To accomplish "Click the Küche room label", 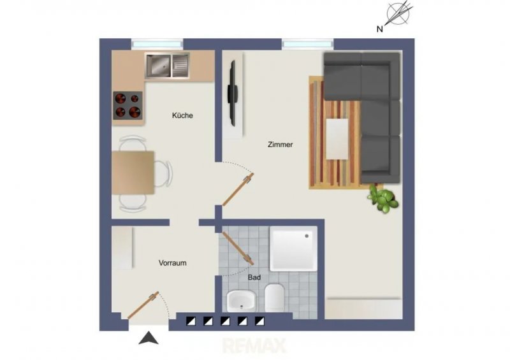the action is (x=182, y=115).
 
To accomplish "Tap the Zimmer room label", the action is (x=280, y=145).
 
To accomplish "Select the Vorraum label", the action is (x=172, y=263).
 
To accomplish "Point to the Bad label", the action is (x=254, y=277).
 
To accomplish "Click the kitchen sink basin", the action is (x=158, y=66).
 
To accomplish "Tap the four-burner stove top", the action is (x=128, y=105).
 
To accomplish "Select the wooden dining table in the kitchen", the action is (x=133, y=173).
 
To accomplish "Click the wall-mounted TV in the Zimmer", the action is (x=233, y=93).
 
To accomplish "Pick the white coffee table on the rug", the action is (x=337, y=139).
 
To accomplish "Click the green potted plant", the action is (x=383, y=198).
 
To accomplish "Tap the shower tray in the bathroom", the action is (x=293, y=248).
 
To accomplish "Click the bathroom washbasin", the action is (x=241, y=301).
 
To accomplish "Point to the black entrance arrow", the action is (x=149, y=338).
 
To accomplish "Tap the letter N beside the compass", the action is (x=379, y=29).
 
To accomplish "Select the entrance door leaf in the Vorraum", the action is (x=143, y=305).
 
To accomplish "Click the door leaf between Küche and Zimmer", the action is (x=238, y=190).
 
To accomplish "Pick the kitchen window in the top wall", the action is (x=157, y=44).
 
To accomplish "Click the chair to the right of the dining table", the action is (x=163, y=173).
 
